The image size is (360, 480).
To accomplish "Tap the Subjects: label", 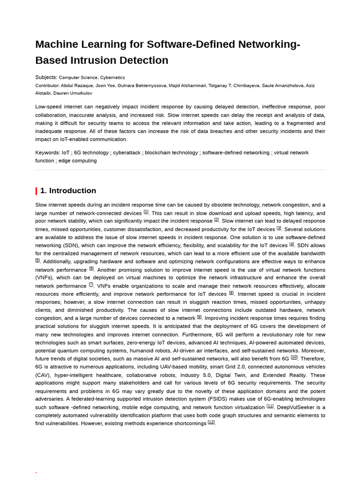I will tap(46, 77).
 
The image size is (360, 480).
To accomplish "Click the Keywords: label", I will tap(47, 153).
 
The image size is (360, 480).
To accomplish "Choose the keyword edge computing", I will tap(77, 161).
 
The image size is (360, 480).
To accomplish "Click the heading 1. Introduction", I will tap(68, 191).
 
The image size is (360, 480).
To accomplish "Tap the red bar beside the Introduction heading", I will tap(37, 191).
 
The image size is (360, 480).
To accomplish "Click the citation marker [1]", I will tap(146, 212).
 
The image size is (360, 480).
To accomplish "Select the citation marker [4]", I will tap(292, 244).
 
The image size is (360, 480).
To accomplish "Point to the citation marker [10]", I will tap(294, 357).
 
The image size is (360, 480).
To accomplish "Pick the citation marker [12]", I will tap(211, 422).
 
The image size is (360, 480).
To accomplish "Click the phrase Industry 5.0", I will tap(196, 375).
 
